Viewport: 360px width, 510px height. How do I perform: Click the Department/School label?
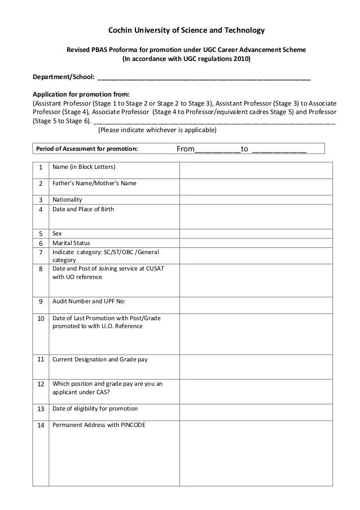pyautogui.click(x=63, y=77)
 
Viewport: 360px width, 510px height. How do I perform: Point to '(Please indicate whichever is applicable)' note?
pyautogui.click(x=157, y=130)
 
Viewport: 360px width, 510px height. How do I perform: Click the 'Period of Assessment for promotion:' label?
pyautogui.click(x=87, y=149)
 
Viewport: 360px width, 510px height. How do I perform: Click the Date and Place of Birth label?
pyautogui.click(x=83, y=210)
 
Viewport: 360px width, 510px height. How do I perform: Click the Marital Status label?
pyautogui.click(x=71, y=243)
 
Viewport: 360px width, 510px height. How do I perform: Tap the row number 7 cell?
pyautogui.click(x=40, y=252)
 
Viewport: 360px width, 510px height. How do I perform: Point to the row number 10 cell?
pyautogui.click(x=40, y=319)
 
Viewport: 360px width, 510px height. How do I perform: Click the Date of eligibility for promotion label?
pyautogui.click(x=95, y=408)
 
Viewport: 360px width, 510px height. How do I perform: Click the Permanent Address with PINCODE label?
pyautogui.click(x=98, y=425)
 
